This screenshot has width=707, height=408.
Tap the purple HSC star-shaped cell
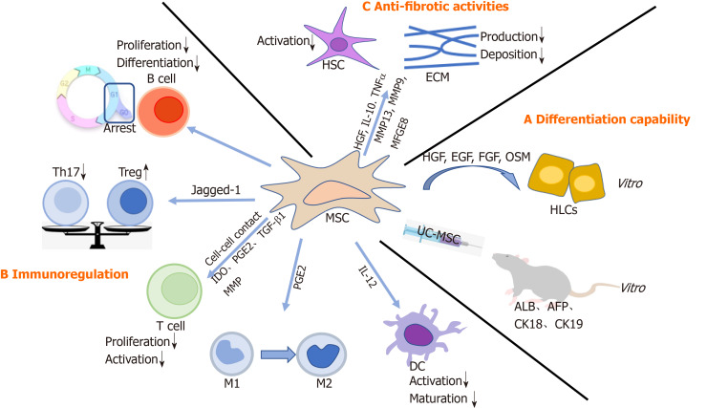point(338,43)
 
